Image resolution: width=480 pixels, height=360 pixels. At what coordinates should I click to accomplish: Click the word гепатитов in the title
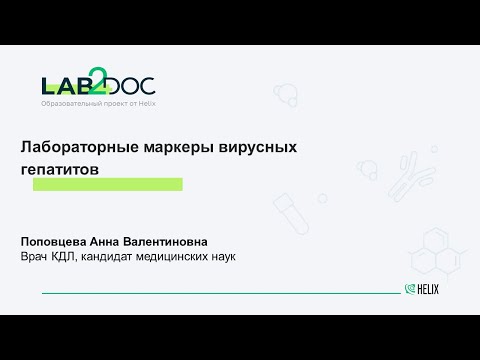point(60,169)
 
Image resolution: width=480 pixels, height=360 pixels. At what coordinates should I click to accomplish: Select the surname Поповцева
point(55,242)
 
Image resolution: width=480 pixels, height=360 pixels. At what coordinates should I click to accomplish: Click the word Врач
point(36,258)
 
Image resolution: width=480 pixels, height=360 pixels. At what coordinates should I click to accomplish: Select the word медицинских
point(193,258)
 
